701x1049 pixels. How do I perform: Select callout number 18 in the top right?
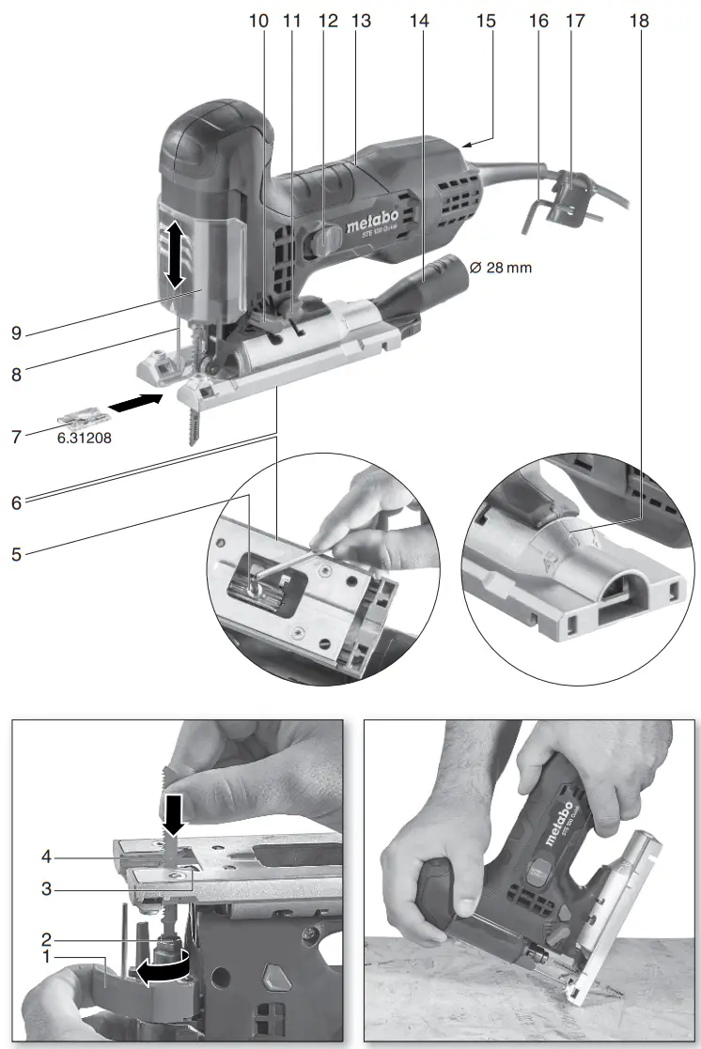pos(640,21)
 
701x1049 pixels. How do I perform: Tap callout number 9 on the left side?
pos(17,332)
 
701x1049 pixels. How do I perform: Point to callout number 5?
pos(17,554)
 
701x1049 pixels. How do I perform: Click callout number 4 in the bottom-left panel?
pos(45,856)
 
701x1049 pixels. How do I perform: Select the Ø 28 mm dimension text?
pos(499,268)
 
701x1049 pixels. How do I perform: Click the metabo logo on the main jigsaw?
pos(371,224)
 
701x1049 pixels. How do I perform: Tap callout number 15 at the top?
pos(485,21)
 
